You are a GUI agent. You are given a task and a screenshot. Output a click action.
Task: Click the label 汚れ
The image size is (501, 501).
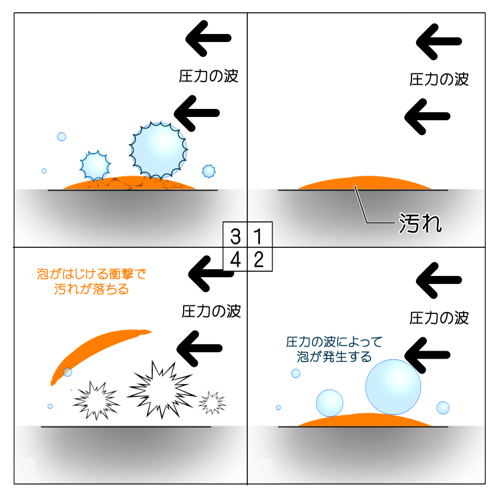420,224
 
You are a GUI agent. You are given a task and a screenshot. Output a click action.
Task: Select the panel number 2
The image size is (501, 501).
259,260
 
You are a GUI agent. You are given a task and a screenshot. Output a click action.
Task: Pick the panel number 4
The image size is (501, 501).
234,260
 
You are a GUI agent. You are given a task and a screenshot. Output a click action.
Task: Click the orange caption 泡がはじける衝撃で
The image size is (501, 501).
91,274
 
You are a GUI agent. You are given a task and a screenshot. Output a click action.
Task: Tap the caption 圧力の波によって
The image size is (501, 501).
334,343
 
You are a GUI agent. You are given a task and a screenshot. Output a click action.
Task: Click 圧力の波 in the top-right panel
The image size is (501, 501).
439,79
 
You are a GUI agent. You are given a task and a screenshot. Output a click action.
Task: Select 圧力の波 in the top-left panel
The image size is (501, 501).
208,76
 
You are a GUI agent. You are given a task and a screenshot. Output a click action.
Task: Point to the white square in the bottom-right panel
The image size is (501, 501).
260,470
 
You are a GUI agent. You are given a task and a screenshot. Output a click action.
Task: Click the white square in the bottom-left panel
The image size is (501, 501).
24,470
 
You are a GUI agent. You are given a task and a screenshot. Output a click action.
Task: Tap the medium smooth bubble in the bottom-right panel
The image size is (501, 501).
329,403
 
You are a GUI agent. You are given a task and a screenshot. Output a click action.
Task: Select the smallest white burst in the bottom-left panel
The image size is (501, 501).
212,402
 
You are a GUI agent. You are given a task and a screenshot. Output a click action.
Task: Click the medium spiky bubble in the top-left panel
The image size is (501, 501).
96,166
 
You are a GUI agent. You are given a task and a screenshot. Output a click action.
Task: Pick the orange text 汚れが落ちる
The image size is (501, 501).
91,290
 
